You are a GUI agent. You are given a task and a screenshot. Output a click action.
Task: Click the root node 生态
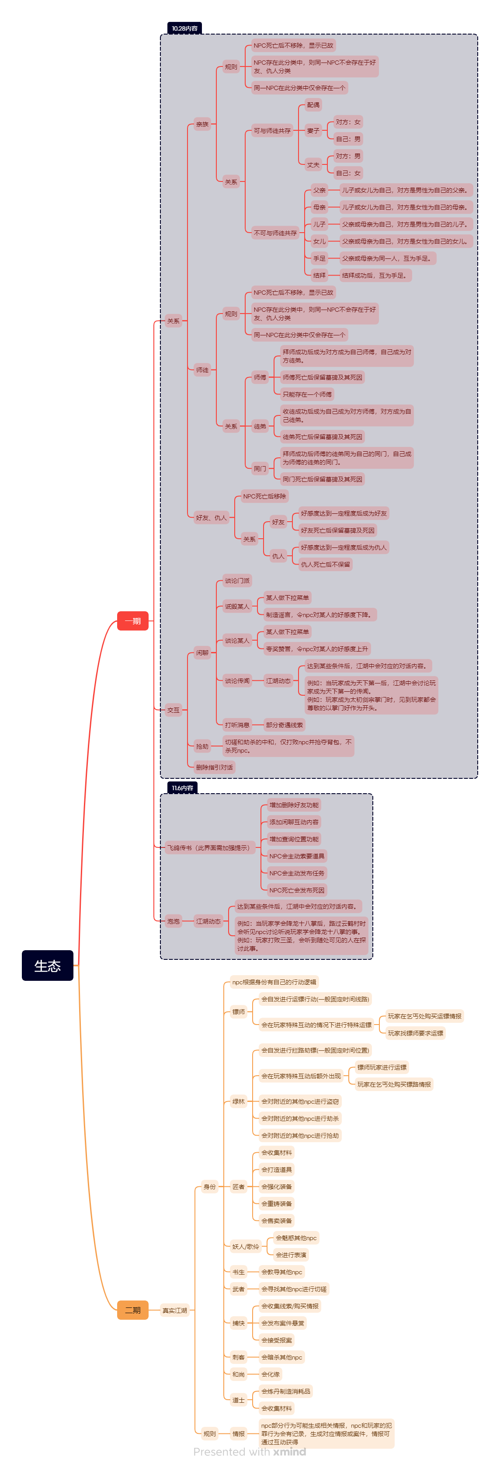pos(47,965)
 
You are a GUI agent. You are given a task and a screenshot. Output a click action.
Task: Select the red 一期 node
pos(132,621)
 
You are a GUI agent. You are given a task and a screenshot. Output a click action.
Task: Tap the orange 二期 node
pos(132,1310)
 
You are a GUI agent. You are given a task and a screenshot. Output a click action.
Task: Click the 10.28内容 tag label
pos(184,28)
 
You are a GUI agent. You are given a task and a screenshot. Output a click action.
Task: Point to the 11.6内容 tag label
pos(182,788)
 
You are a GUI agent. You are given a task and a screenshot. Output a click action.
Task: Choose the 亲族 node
pos(202,124)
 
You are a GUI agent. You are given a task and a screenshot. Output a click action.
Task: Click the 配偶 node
pos(313,105)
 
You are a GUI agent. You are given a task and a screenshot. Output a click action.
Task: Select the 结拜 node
pos(319,275)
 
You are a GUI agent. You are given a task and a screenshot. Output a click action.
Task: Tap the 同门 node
pos(260,468)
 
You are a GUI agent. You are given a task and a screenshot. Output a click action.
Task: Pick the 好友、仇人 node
pos(211,518)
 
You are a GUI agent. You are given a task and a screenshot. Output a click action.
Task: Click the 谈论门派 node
pos(237,581)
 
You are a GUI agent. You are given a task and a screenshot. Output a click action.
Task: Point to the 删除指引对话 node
pos(214,767)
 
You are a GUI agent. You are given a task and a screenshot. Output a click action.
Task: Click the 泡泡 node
pos(173,921)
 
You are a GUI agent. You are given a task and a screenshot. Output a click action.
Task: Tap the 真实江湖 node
pos(175,1311)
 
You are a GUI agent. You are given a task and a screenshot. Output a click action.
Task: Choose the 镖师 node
pos(239,1012)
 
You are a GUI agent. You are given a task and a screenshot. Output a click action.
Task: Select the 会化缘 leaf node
pos(271,1374)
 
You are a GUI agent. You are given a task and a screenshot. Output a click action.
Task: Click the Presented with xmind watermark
pos(250,1452)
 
